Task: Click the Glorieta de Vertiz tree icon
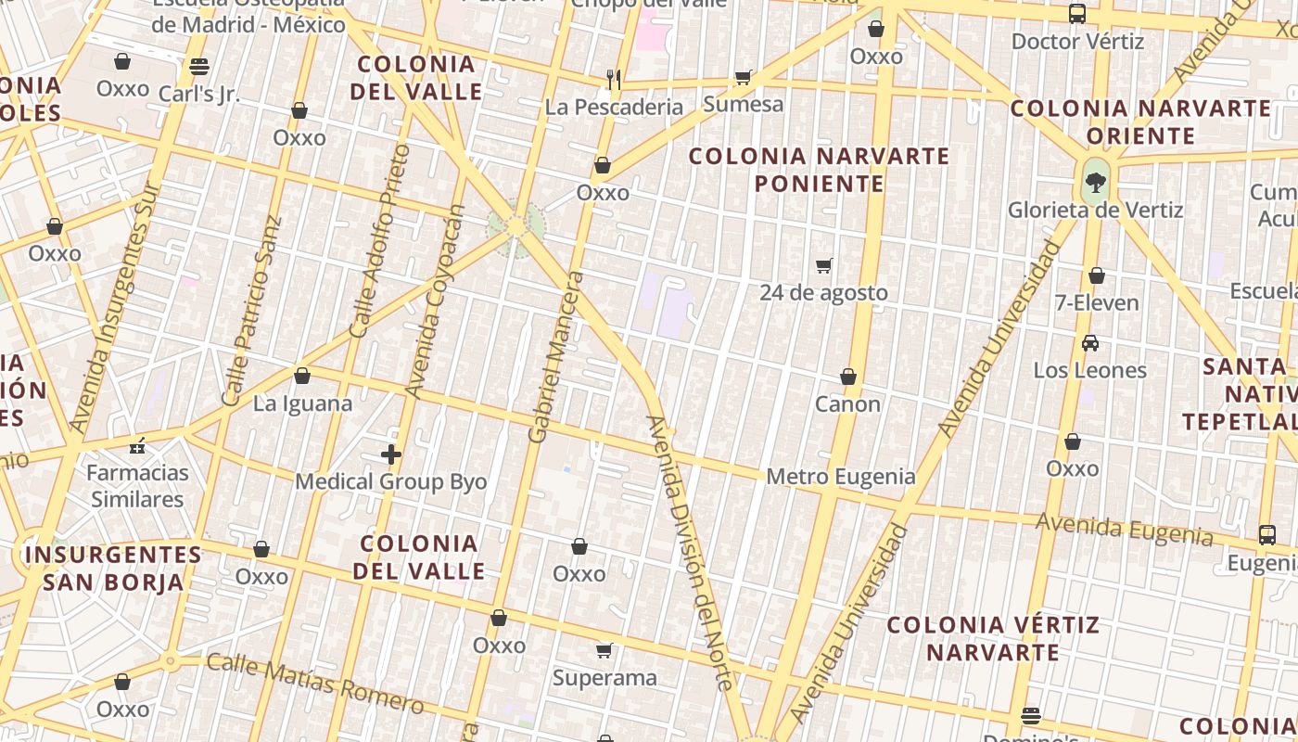(1096, 182)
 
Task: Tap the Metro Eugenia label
(840, 477)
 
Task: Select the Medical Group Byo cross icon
(391, 454)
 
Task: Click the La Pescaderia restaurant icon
(613, 79)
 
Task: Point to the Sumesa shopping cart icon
(743, 76)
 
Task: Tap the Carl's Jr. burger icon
(198, 66)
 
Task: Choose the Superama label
(604, 678)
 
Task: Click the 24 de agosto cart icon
(823, 265)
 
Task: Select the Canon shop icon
(847, 377)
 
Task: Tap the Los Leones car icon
(1090, 343)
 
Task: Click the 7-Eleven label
(1097, 302)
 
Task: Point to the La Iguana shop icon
(301, 376)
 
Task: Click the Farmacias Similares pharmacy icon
(138, 447)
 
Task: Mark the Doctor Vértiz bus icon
(1077, 14)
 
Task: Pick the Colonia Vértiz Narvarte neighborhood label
(993, 638)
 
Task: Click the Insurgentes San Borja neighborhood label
(112, 569)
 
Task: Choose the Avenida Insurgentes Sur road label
(116, 306)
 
